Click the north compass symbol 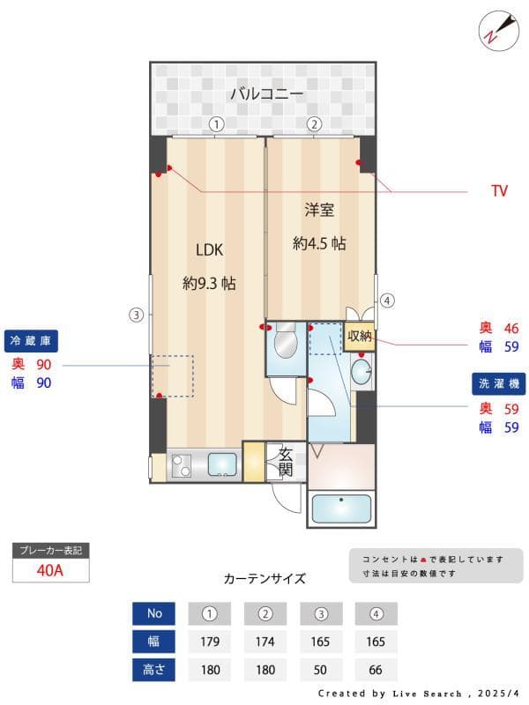(x=496, y=29)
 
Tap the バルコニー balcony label (x=267, y=93)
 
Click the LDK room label (x=209, y=249)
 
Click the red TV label (x=499, y=190)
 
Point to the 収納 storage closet (x=359, y=336)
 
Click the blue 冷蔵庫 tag (x=32, y=340)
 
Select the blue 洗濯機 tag (x=498, y=384)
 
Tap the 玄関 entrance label (x=286, y=462)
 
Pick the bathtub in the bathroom (x=342, y=509)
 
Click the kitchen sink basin (x=222, y=464)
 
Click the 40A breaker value (x=50, y=569)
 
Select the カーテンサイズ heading (x=264, y=579)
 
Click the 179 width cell (x=210, y=642)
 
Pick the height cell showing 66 (x=376, y=670)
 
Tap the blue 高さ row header (x=155, y=670)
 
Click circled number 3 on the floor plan (x=135, y=314)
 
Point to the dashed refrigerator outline (x=172, y=375)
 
